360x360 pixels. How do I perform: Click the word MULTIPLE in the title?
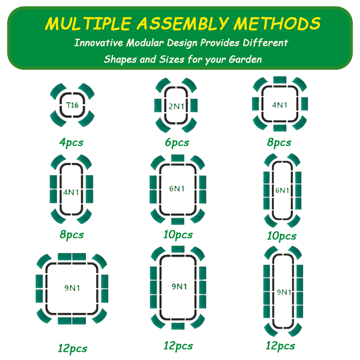[88, 23]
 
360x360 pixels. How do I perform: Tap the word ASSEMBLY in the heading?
[183, 23]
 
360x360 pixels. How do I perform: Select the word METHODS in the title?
[277, 23]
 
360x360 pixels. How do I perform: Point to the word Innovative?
[99, 43]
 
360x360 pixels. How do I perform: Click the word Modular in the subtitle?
[145, 43]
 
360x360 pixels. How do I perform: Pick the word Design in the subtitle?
[182, 43]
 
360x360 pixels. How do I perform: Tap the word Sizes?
[172, 59]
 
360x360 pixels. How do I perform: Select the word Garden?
[245, 59]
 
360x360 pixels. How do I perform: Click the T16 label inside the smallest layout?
[72, 105]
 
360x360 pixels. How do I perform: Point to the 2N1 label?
[176, 106]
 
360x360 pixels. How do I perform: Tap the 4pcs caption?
[71, 143]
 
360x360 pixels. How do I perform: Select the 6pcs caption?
[177, 143]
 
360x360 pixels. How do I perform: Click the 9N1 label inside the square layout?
[72, 288]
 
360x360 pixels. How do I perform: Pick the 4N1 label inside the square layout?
[279, 105]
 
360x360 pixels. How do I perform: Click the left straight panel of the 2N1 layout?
[158, 105]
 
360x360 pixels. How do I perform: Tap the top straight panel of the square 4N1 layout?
[279, 80]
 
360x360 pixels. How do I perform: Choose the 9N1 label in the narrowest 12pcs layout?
[284, 292]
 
